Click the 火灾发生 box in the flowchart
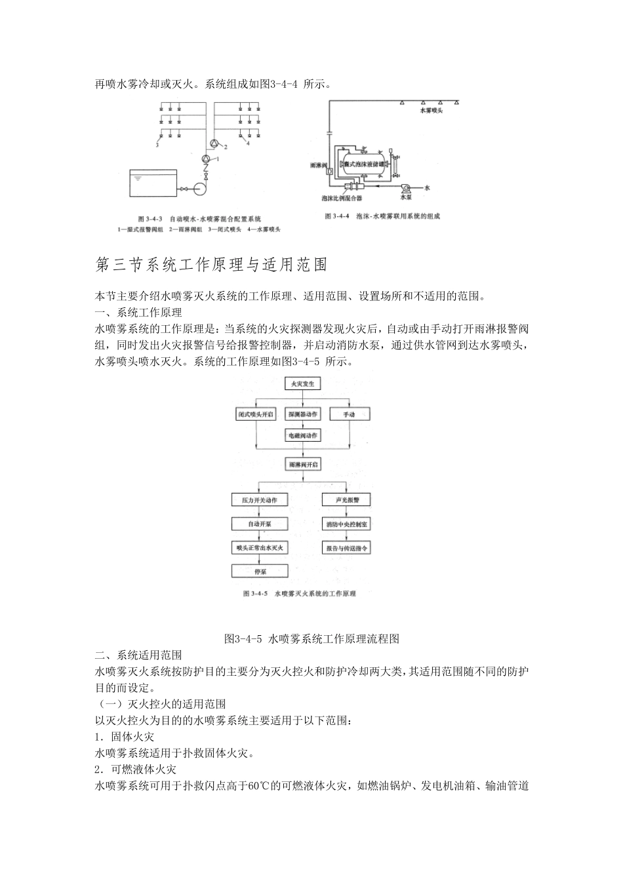point(302,384)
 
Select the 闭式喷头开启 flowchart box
point(255,414)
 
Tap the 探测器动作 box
point(302,414)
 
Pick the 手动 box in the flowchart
point(348,414)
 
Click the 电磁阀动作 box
point(302,435)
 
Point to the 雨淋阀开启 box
point(302,464)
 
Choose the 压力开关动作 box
point(259,499)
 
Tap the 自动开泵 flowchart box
point(259,524)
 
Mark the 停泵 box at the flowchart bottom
point(259,572)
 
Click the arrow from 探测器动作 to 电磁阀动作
point(302,425)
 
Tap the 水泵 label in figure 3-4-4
point(406,196)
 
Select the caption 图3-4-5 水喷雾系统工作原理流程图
point(311,638)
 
